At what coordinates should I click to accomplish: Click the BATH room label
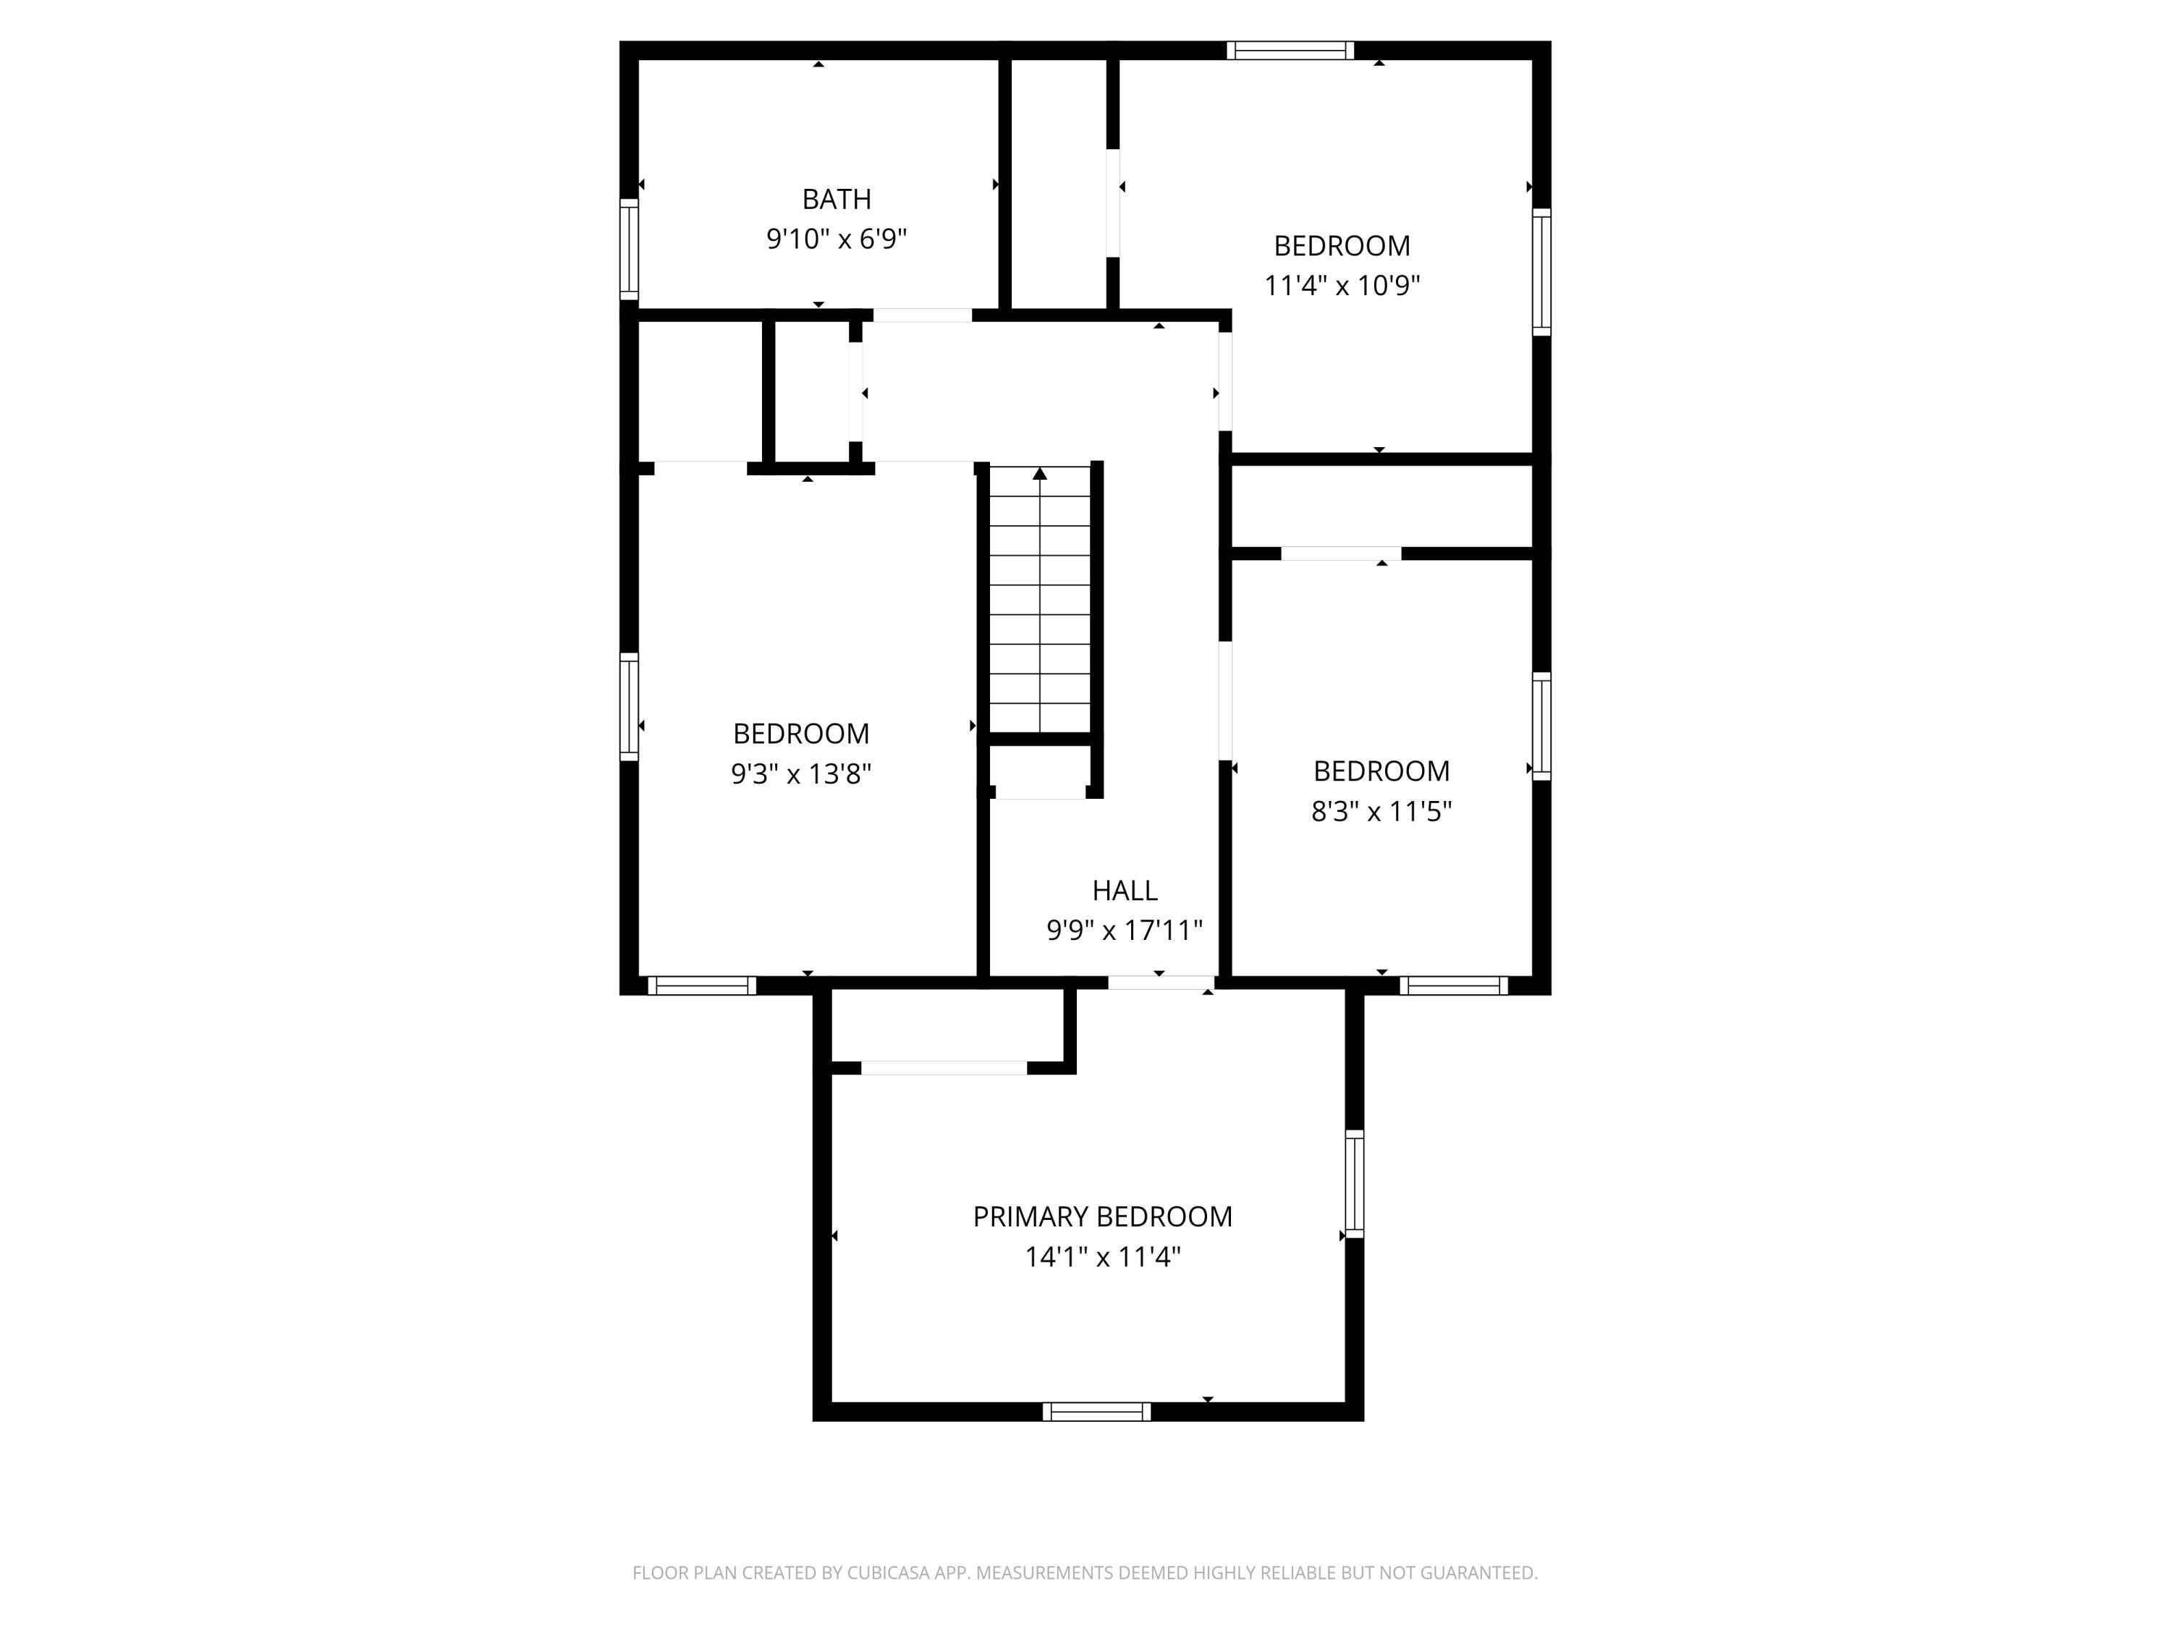click(837, 199)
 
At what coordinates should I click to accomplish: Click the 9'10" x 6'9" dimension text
click(837, 239)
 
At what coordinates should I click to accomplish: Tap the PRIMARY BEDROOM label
click(1102, 1217)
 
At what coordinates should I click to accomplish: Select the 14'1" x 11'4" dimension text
click(1102, 1257)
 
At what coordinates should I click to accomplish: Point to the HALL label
click(1125, 890)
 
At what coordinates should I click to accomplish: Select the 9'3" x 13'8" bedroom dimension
click(801, 774)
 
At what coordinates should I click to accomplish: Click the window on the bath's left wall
click(629, 249)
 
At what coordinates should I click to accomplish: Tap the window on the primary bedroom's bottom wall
click(1096, 1411)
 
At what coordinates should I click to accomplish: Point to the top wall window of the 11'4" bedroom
click(1290, 50)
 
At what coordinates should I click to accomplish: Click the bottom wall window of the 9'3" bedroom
click(702, 985)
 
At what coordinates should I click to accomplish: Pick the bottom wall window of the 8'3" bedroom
click(1454, 985)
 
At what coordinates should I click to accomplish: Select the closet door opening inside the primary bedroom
click(944, 1068)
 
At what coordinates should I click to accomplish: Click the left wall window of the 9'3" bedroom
click(629, 706)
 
